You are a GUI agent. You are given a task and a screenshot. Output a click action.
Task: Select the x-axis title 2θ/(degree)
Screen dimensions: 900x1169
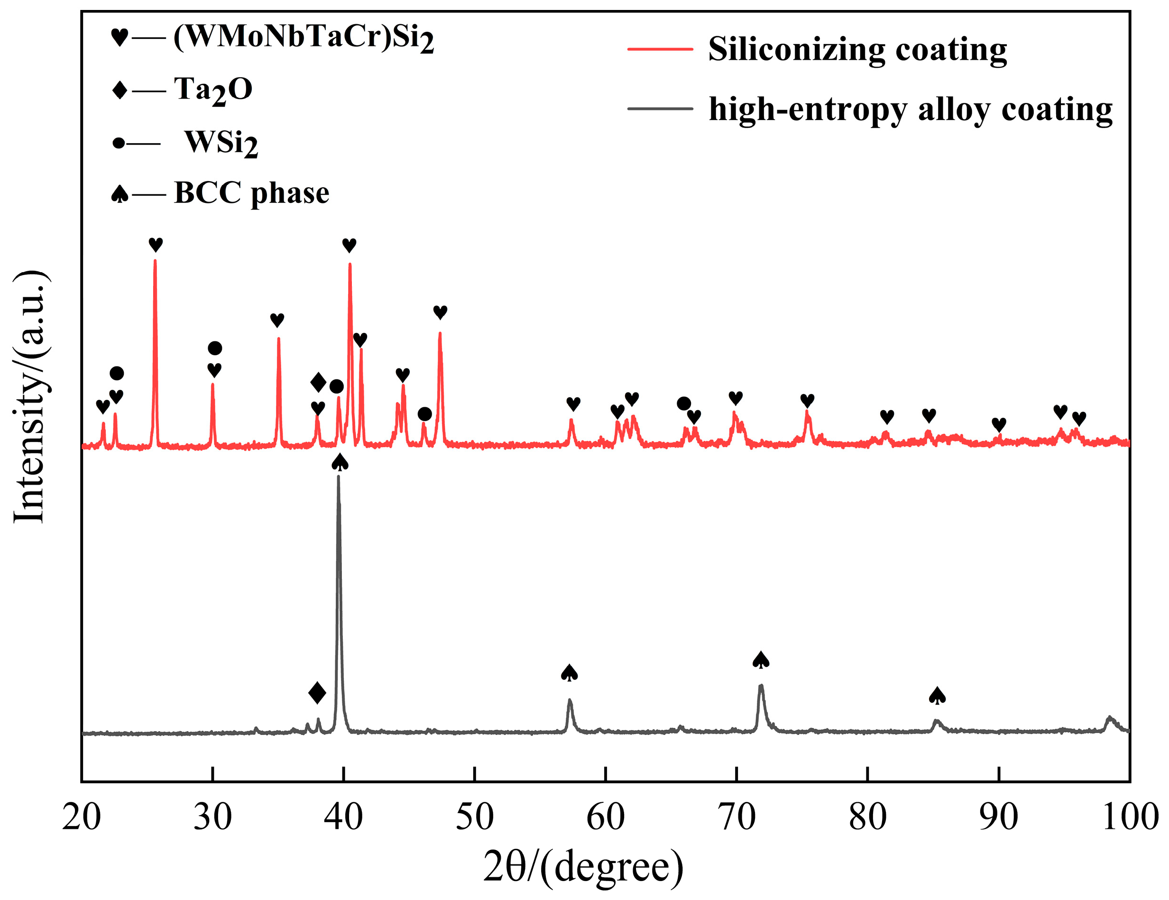(x=583, y=867)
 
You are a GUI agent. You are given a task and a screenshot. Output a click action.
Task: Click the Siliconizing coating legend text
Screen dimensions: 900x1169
(x=857, y=50)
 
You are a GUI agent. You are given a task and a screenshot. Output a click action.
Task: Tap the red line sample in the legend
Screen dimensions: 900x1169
(x=660, y=49)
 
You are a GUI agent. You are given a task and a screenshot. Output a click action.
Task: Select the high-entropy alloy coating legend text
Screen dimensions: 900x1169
(x=911, y=110)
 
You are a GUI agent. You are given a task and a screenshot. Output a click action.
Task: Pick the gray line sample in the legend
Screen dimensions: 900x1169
(x=660, y=109)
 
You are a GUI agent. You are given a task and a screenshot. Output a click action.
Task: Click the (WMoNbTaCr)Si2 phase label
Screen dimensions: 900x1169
(x=304, y=38)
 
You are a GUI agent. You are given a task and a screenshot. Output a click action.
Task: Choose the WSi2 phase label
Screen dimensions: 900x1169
(x=221, y=143)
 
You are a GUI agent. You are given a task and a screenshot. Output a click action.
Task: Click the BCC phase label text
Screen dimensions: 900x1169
(x=251, y=193)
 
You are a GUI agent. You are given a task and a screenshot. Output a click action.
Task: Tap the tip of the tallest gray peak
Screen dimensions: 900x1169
(x=338, y=477)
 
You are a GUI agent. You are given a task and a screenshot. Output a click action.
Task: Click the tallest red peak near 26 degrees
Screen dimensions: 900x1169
(x=155, y=262)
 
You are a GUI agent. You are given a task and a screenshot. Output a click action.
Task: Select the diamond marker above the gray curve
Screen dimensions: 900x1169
(x=317, y=693)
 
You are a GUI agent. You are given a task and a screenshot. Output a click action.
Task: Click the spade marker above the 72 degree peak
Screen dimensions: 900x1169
(x=761, y=660)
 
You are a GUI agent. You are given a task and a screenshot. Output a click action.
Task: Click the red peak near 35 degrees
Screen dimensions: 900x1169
(x=278, y=339)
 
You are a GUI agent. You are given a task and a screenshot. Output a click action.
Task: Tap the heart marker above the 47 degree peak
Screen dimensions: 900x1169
(x=440, y=312)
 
